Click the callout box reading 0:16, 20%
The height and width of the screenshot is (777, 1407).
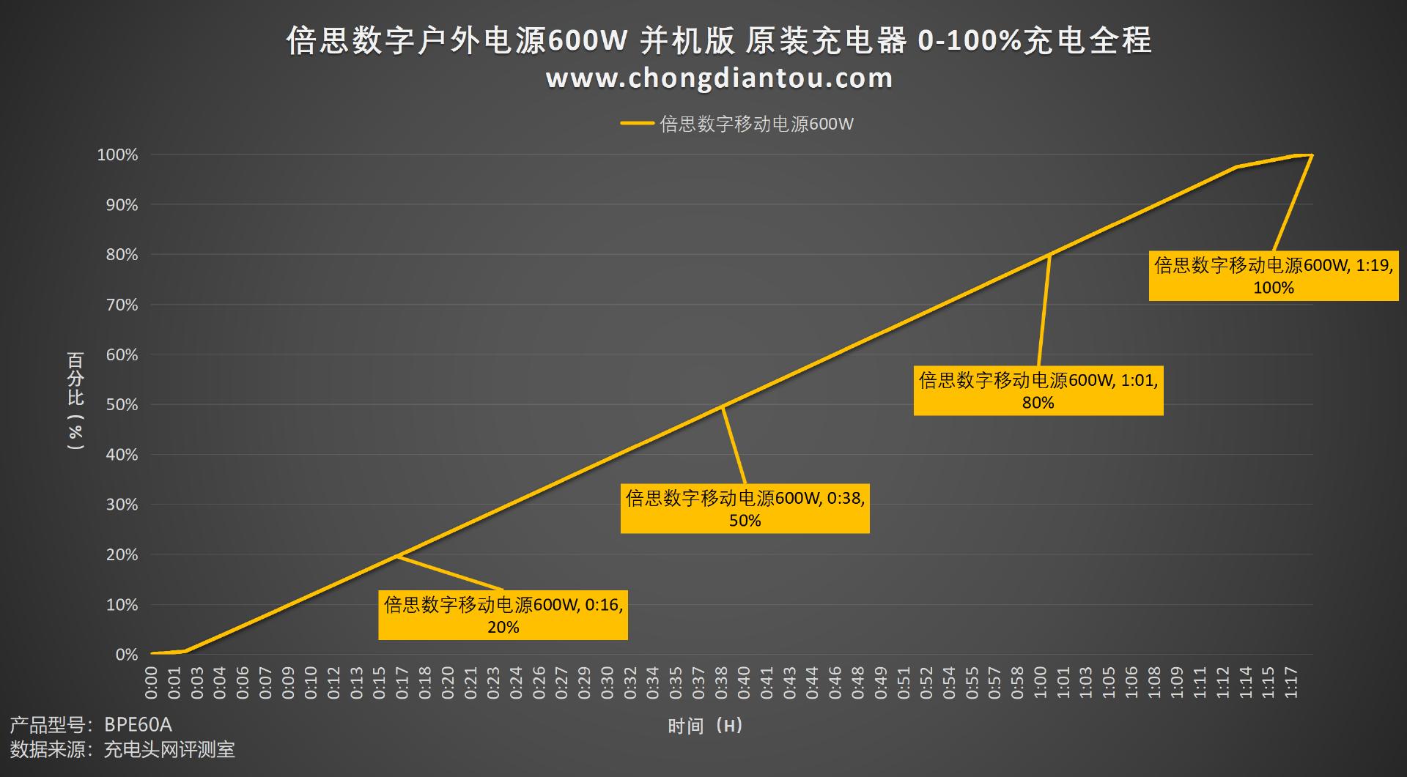(x=503, y=615)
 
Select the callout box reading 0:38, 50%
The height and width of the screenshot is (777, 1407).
(x=745, y=509)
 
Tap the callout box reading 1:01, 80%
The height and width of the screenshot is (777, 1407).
(x=1038, y=391)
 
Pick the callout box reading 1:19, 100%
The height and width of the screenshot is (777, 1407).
(x=1273, y=276)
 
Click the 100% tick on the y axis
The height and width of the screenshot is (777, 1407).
(x=117, y=155)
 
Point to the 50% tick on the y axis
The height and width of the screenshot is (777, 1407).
(x=122, y=405)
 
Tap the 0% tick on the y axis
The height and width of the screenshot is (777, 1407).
(x=126, y=655)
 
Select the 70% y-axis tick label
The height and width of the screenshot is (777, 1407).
(x=122, y=305)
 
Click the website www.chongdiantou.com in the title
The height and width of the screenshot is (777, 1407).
(x=719, y=78)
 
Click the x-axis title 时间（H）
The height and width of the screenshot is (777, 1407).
(x=705, y=726)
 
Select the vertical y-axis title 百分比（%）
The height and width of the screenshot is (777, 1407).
(x=75, y=401)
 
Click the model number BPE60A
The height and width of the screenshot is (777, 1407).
(x=138, y=725)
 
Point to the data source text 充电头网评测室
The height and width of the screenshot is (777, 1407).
(x=169, y=749)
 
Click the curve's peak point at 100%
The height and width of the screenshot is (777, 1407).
(x=1311, y=155)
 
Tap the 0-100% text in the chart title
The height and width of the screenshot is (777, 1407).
(x=969, y=40)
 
